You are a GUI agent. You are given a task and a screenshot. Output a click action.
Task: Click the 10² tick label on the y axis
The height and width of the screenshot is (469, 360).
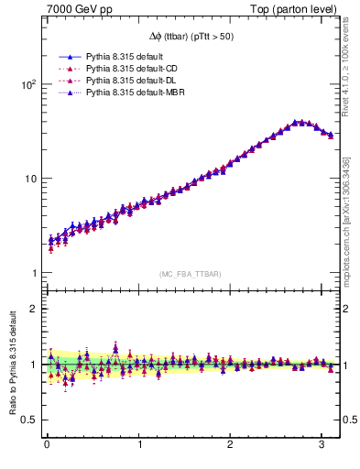pos(27,84)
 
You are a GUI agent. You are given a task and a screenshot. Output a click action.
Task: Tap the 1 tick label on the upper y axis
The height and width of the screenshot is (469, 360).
pos(32,273)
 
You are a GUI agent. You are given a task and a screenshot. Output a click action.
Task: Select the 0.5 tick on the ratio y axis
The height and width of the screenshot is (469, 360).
pos(28,420)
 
